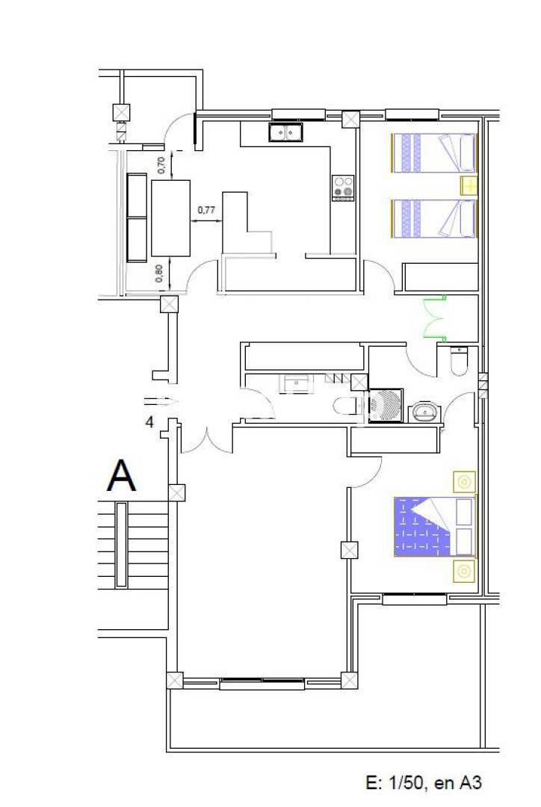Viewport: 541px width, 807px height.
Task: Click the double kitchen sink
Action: pos(285,132)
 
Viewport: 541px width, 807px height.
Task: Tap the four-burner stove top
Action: pos(343,188)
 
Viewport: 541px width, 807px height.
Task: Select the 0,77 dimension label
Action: pos(206,210)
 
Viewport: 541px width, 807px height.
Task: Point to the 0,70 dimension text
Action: pos(161,164)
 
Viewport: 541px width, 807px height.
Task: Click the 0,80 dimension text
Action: pos(159,273)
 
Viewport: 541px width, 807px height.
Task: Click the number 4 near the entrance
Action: pos(149,422)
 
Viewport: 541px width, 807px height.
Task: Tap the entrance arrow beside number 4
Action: pos(161,401)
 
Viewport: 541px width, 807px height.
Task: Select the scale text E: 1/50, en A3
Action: pos(424,783)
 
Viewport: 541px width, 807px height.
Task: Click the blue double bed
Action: pos(434,527)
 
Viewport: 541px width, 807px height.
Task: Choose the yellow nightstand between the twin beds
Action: pos(469,185)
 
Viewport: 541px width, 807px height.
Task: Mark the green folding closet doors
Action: pos(434,318)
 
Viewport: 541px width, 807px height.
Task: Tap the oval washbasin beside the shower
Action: pos(425,412)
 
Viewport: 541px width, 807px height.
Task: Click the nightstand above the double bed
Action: pos(464,482)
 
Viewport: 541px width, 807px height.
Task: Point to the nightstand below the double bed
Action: pos(464,572)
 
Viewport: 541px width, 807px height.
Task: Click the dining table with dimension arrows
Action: pos(171,218)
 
